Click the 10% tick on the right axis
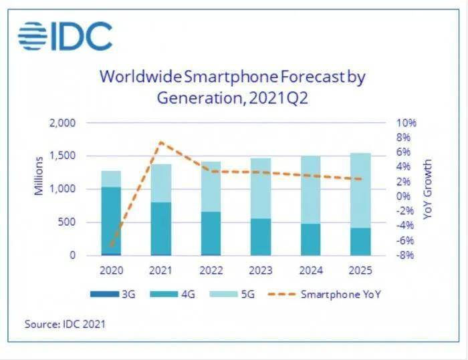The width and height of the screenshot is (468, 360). pyautogui.click(x=406, y=123)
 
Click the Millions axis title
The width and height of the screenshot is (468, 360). pyautogui.click(x=39, y=175)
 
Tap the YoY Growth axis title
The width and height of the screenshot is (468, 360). pyautogui.click(x=428, y=189)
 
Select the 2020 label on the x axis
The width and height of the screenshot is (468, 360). pyautogui.click(x=111, y=271)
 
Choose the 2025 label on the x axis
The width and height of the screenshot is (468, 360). pyautogui.click(x=361, y=271)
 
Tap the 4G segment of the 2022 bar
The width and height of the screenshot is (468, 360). pyautogui.click(x=211, y=233)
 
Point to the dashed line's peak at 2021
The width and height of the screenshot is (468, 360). pyautogui.click(x=161, y=142)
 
